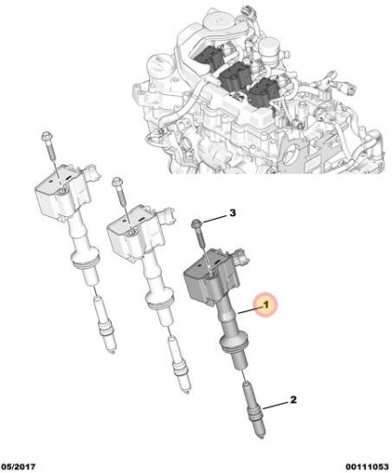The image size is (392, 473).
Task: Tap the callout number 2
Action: coord(293,400)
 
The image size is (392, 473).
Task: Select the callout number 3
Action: coord(233,213)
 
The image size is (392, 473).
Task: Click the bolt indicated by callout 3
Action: coord(198,233)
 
